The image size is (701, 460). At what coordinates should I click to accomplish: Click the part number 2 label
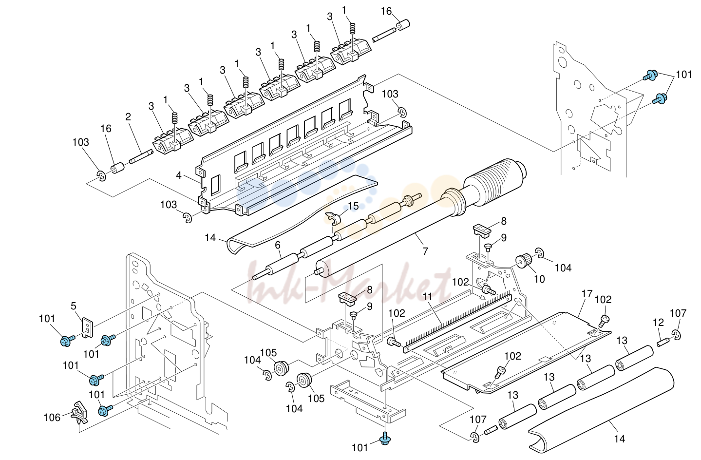(128, 117)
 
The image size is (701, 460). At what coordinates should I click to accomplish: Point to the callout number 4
(179, 175)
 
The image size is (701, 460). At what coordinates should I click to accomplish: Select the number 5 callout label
(74, 306)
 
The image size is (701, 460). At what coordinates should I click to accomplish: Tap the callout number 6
(278, 245)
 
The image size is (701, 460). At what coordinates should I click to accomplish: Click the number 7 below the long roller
(425, 251)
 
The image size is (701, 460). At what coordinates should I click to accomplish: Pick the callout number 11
(428, 297)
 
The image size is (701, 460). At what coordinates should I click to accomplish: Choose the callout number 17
(587, 294)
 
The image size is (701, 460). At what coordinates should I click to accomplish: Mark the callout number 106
(52, 418)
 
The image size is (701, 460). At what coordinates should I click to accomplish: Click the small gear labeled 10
(523, 262)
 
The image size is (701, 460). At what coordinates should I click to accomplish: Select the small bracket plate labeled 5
(88, 327)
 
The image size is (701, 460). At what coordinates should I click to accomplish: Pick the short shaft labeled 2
(141, 156)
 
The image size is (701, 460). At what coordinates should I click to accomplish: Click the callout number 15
(353, 206)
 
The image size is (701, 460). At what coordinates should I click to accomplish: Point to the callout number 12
(659, 323)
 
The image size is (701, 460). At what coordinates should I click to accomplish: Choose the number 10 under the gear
(539, 279)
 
